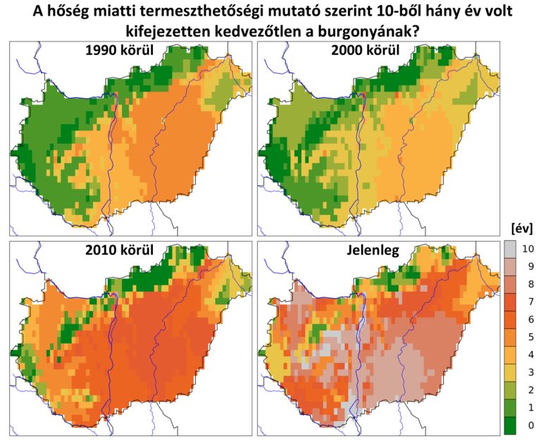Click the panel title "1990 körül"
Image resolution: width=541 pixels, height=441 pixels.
click(120, 51)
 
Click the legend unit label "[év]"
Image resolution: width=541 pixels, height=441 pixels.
click(521, 228)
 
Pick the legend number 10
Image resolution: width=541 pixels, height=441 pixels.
click(530, 249)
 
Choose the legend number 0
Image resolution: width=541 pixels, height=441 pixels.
click(530, 425)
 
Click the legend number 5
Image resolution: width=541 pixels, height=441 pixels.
click(530, 337)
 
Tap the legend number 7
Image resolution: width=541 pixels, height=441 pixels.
click(530, 302)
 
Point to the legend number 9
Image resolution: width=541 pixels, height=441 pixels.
click(530, 267)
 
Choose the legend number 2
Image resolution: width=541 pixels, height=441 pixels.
click(530, 390)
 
